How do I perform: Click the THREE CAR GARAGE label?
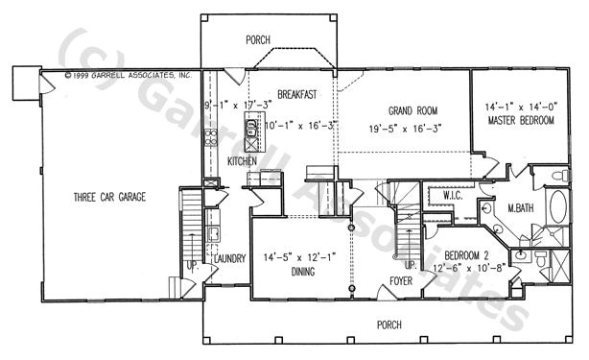[110, 198]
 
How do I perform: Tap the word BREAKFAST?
[297, 94]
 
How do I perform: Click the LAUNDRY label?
[230, 258]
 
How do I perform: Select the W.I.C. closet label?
[453, 197]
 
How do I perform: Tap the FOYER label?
[401, 282]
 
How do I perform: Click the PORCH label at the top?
[257, 39]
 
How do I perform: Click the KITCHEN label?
[242, 161]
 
